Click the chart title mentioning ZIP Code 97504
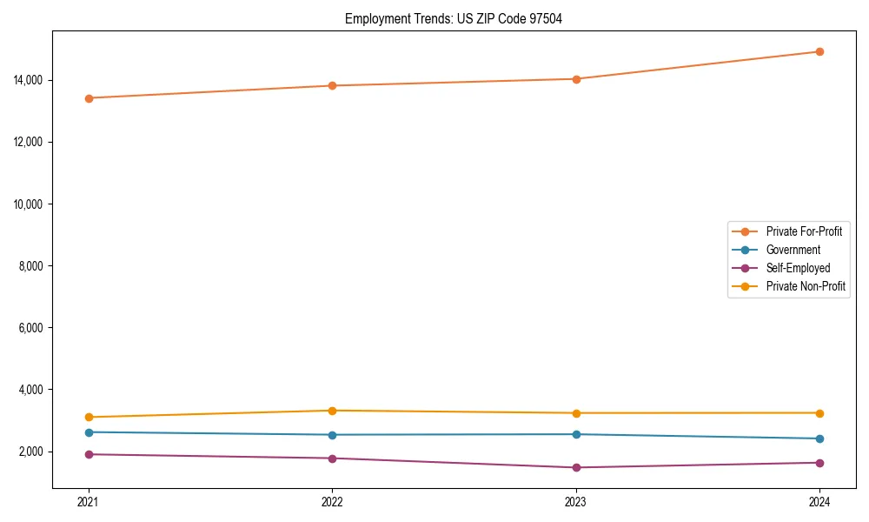pyautogui.click(x=454, y=18)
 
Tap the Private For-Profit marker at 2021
pyautogui.click(x=89, y=98)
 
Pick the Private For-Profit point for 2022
pyautogui.click(x=332, y=85)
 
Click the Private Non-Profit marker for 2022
pyautogui.click(x=332, y=411)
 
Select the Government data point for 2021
pyautogui.click(x=89, y=432)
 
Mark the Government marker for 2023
pyautogui.click(x=576, y=434)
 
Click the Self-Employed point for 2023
pyautogui.click(x=576, y=467)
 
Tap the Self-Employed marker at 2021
pyautogui.click(x=89, y=454)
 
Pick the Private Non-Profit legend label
pyautogui.click(x=806, y=286)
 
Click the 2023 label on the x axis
pyautogui.click(x=576, y=501)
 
